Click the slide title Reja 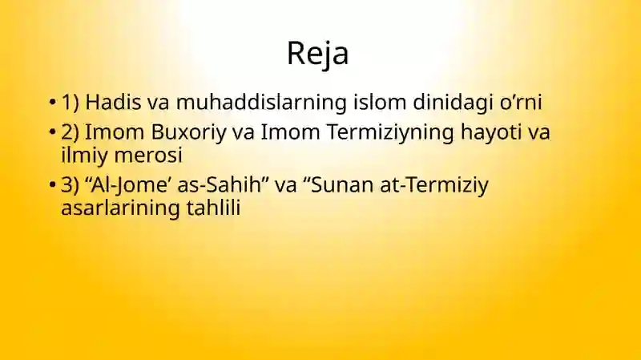(317, 54)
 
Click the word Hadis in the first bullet (113, 102)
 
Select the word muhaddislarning (262, 103)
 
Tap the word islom (380, 102)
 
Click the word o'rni (521, 103)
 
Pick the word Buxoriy (188, 132)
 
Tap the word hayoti (491, 132)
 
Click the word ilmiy (84, 156)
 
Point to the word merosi (148, 155)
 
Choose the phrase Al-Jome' (130, 185)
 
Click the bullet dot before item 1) (52, 102)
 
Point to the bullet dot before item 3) (52, 185)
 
